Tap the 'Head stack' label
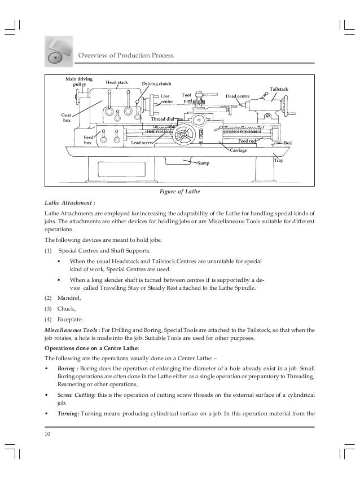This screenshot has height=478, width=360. click(117, 82)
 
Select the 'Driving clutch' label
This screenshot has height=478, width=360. click(157, 84)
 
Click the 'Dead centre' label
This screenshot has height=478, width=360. click(238, 96)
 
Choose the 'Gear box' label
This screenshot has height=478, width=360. click(66, 117)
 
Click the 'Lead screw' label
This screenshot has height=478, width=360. click(142, 143)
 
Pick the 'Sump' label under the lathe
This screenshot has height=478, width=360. click(203, 163)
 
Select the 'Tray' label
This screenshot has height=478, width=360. click(278, 160)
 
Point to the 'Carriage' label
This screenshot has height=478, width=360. click(239, 151)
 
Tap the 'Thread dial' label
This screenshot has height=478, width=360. click(162, 120)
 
